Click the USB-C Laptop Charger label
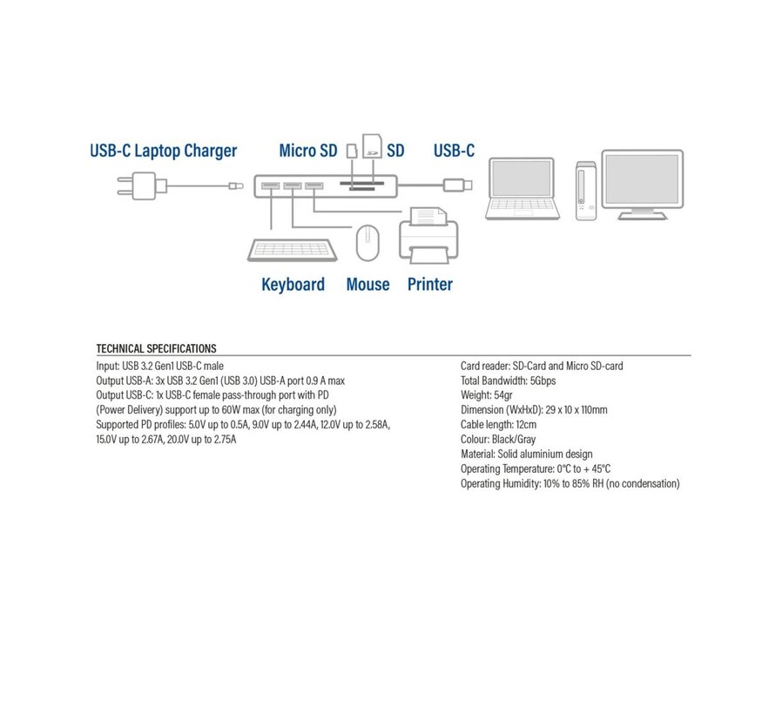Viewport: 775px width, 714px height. [163, 151]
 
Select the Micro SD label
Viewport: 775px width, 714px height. [307, 151]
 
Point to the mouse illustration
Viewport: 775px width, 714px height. [367, 241]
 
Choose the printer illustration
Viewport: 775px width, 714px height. [428, 233]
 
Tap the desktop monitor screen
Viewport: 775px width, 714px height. [642, 178]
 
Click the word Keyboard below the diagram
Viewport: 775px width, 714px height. [293, 285]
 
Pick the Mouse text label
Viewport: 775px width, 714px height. [367, 285]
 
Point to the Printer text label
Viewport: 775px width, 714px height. [430, 285]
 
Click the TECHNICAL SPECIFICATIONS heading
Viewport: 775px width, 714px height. [156, 348]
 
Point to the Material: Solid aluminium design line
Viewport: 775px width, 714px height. [526, 455]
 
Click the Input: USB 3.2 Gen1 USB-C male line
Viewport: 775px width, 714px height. [160, 367]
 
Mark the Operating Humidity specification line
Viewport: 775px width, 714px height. [569, 484]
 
